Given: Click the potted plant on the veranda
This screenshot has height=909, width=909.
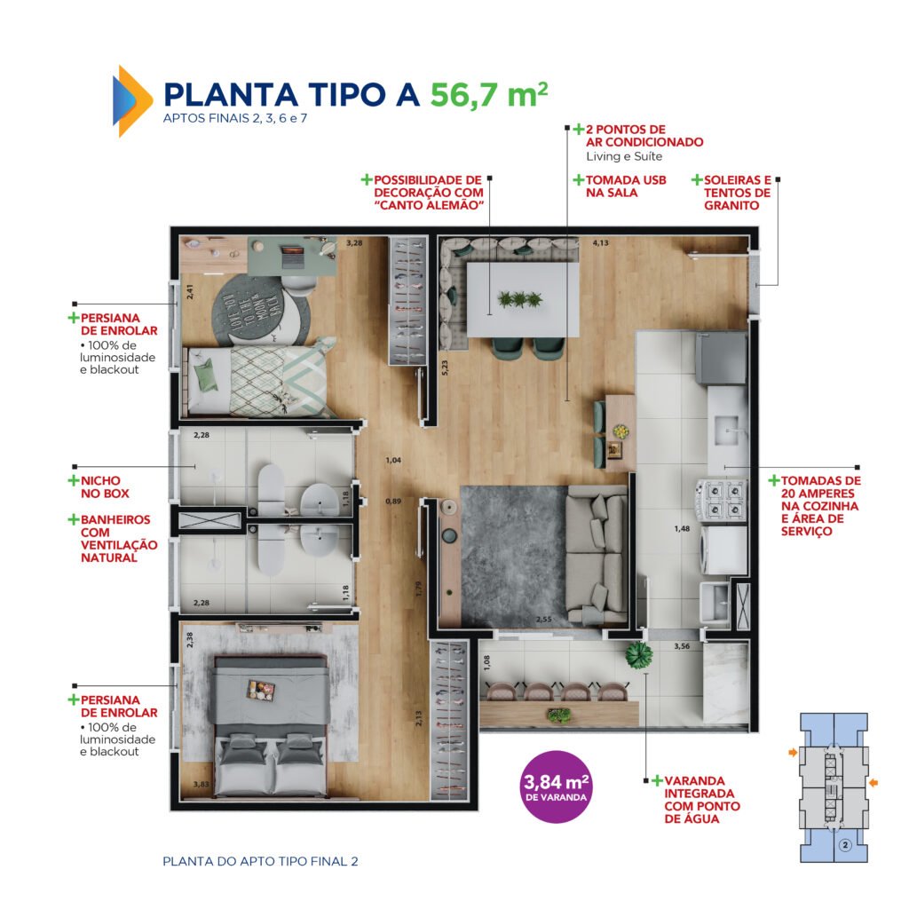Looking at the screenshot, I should tap(638, 656).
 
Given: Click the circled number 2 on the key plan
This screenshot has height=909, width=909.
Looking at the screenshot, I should tap(845, 846).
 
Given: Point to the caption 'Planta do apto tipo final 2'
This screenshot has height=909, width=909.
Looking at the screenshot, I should tap(260, 861).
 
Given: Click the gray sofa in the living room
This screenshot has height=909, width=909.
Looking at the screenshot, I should tap(597, 558).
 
